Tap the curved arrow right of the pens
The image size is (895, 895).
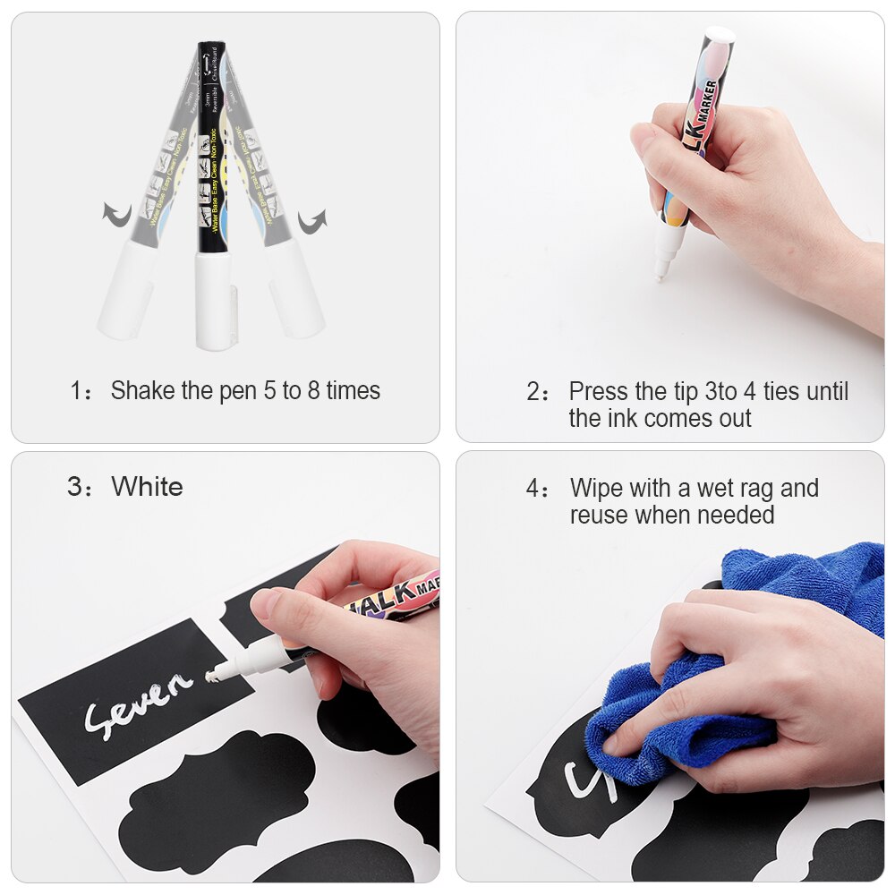(311, 219)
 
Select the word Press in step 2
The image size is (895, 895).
(599, 392)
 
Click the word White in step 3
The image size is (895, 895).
(147, 487)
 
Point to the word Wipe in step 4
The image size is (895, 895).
(597, 489)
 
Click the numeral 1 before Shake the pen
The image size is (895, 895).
(76, 391)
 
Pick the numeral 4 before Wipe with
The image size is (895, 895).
(533, 489)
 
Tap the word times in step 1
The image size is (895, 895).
(353, 391)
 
